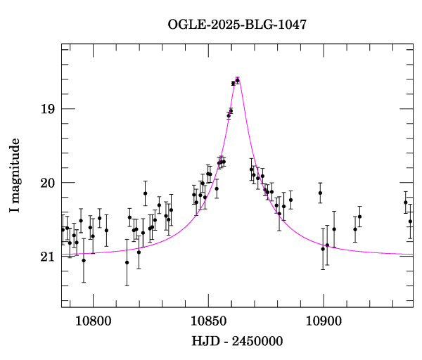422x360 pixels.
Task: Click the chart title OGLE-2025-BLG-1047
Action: (x=237, y=25)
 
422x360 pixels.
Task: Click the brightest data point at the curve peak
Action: (x=238, y=80)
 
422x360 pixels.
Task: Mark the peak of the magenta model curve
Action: (x=238, y=79)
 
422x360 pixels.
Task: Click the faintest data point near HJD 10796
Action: (x=84, y=260)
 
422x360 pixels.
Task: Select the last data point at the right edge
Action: (x=410, y=221)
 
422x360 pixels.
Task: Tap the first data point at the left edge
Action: (x=63, y=229)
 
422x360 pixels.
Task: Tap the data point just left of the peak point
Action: (x=233, y=84)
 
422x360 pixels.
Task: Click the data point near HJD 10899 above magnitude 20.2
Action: (x=320, y=193)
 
